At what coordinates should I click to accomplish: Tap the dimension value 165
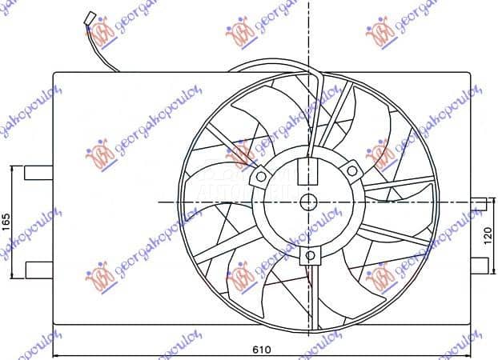6,219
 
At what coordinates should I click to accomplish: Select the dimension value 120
489,238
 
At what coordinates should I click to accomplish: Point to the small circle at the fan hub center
309,202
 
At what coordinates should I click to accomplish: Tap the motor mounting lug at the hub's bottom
310,255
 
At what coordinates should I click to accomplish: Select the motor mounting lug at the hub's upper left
261,174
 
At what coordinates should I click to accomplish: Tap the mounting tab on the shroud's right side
479,203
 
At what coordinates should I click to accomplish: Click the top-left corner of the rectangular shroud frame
54,74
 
